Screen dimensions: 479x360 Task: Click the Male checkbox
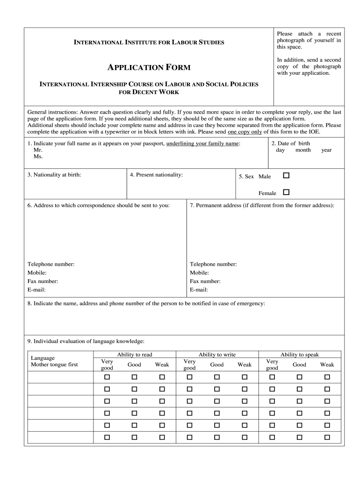click(286, 176)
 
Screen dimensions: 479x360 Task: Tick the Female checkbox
click(286, 192)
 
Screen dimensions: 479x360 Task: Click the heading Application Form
click(149, 67)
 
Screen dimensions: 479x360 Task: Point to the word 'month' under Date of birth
click(303, 150)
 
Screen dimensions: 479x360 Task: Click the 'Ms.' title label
click(38, 157)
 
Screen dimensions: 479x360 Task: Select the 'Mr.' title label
click(38, 150)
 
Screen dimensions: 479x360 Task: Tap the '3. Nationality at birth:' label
click(54, 175)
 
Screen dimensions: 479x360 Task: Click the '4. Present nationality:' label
click(156, 175)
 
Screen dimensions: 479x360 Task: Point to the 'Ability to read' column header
click(135, 355)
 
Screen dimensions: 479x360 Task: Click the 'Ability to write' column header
click(217, 355)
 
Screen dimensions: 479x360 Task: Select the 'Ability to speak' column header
click(299, 355)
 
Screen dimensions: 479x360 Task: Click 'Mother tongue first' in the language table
click(54, 365)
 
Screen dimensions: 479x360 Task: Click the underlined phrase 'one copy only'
click(245, 132)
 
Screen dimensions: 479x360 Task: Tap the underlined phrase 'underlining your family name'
click(202, 144)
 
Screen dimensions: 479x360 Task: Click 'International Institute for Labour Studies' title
click(149, 43)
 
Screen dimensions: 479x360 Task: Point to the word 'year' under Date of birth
click(326, 150)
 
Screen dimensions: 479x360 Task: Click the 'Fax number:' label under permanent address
click(205, 281)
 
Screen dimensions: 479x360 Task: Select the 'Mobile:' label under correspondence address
click(37, 273)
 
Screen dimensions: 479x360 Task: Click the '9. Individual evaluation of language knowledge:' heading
click(86, 341)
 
